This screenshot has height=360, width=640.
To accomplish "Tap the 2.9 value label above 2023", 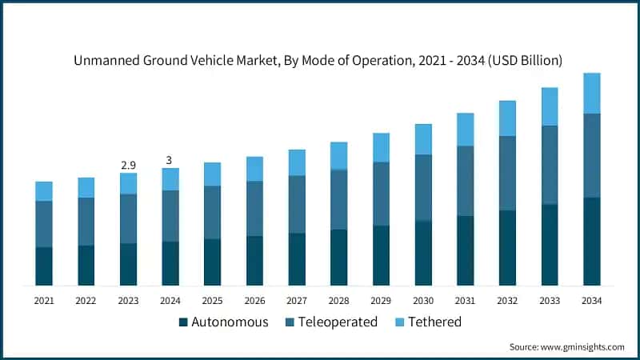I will (x=128, y=165).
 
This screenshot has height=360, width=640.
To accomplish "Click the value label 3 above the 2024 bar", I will (x=170, y=160).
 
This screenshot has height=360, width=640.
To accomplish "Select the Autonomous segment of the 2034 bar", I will (x=591, y=241).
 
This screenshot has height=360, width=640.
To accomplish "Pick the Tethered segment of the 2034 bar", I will (x=591, y=94).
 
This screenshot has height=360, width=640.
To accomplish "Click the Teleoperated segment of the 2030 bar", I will (x=423, y=187).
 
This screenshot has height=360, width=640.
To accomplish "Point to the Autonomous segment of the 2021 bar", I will (x=44, y=266).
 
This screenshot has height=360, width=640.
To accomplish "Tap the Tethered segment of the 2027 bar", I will (x=297, y=162).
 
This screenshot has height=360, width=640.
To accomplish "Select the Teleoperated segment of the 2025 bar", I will (x=212, y=212).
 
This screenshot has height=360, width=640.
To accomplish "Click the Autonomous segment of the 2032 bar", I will (x=507, y=247).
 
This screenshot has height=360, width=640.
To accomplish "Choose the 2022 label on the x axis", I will (x=86, y=301).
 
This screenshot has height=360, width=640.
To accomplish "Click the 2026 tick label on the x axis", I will (x=254, y=301).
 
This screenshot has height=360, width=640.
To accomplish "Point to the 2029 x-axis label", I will (x=381, y=301).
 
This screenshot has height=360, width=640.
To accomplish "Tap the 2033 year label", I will (x=550, y=301).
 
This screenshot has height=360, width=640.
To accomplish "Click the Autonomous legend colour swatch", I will (x=183, y=322).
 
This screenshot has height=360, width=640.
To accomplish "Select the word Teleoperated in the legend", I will (x=337, y=322).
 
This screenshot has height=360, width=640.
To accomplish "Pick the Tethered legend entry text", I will (x=434, y=322).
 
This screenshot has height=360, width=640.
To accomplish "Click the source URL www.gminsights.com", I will (x=583, y=347).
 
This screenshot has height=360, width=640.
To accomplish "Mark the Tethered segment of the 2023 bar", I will (x=128, y=183).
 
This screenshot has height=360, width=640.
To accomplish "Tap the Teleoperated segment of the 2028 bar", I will (x=338, y=199).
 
